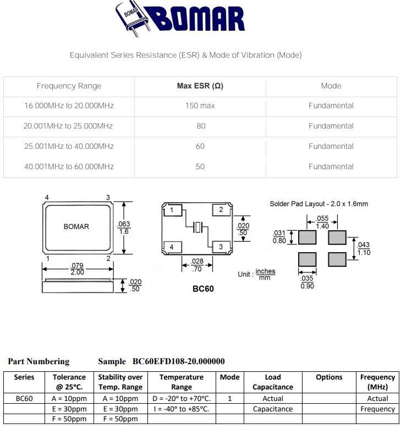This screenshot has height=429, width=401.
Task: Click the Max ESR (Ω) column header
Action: click(x=200, y=86)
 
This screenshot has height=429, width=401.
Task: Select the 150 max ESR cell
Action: click(x=200, y=105)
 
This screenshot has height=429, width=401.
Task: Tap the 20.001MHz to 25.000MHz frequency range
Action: click(x=68, y=126)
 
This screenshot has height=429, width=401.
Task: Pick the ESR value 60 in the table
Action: click(x=200, y=146)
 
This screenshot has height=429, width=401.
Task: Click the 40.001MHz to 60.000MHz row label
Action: click(x=68, y=166)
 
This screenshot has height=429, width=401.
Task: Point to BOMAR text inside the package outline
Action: click(x=76, y=226)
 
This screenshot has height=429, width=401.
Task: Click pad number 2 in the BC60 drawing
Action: click(x=221, y=210)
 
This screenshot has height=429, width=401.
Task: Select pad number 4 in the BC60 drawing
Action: click(x=172, y=247)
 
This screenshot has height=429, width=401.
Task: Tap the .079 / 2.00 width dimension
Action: click(x=78, y=269)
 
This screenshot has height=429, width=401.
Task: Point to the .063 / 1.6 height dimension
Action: click(x=123, y=227)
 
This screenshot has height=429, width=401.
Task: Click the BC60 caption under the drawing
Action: click(x=202, y=288)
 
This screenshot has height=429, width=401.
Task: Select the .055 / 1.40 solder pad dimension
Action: click(x=322, y=222)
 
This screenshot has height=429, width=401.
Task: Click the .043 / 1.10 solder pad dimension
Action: click(x=364, y=249)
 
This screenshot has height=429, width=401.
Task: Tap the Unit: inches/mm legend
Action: click(x=256, y=274)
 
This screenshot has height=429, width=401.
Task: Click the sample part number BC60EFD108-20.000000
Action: click(x=179, y=361)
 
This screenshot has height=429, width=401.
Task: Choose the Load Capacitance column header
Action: click(x=272, y=382)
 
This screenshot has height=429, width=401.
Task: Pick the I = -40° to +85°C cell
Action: click(x=182, y=409)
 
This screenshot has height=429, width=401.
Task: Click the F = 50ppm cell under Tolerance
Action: click(x=69, y=419)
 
